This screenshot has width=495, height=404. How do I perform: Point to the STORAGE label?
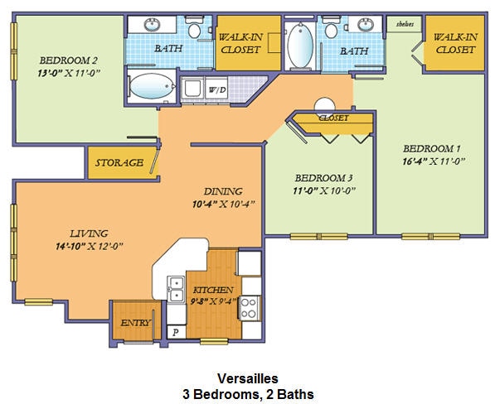(x=119, y=163)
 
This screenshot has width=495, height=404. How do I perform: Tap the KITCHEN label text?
(x=211, y=291)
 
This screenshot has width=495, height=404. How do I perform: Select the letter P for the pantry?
(x=175, y=331)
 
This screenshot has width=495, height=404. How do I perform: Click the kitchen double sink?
(x=177, y=288)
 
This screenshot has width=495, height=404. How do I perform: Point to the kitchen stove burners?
(x=247, y=309)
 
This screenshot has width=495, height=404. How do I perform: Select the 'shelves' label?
(x=406, y=24)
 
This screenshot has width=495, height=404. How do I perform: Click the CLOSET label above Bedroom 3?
(x=333, y=118)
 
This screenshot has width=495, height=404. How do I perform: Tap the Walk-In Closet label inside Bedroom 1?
(x=454, y=43)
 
